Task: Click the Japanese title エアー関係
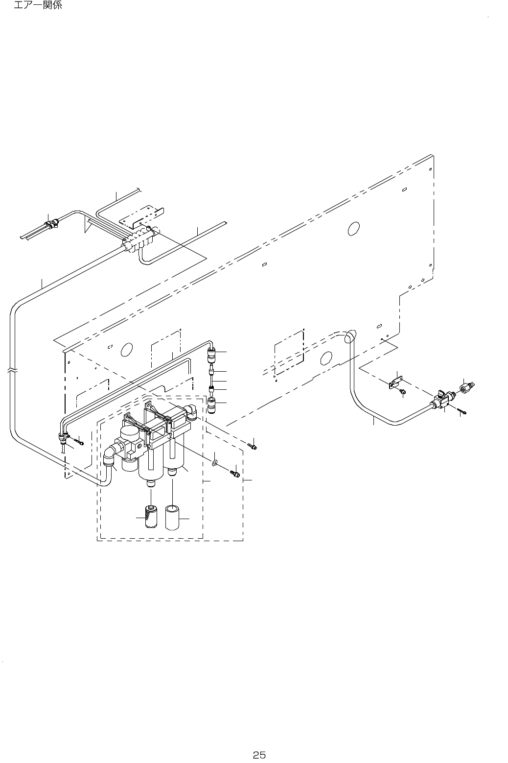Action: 38,6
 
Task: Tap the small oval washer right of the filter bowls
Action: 215,462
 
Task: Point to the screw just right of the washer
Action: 235,473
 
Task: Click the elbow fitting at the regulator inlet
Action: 109,453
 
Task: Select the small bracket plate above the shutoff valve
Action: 396,382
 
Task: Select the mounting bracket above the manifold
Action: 142,216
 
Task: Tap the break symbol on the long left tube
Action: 12,371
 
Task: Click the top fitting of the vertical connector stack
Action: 211,352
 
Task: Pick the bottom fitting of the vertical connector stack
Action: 211,405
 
